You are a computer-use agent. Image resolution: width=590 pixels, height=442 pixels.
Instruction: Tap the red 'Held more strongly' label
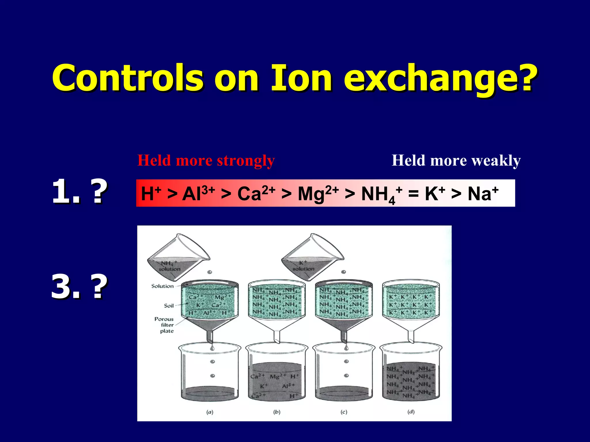pos(206,161)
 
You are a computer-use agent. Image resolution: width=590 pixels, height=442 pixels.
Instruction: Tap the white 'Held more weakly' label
pos(456,161)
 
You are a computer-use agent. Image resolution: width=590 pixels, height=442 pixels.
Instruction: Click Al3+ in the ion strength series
pos(198,193)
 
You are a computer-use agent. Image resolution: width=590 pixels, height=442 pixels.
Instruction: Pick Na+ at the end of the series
pos(483,193)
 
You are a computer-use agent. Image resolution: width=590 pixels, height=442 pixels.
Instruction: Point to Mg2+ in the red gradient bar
pos(318,193)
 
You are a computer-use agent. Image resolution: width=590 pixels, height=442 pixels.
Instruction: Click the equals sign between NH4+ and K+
pos(413,194)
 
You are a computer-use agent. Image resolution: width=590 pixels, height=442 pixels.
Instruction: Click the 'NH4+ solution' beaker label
pos(169,266)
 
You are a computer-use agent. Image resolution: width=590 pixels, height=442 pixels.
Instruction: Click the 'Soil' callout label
pos(169,306)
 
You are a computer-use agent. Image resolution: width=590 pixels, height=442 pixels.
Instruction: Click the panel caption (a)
pos(210,412)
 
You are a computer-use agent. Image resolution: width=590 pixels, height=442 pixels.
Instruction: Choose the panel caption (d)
pos(411,412)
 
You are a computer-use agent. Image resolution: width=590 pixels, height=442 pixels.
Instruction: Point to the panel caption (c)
pos(344,412)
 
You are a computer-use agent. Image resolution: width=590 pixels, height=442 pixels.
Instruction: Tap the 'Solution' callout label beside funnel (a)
pos(162,286)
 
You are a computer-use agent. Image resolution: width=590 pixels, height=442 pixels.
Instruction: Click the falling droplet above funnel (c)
pos(343,272)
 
